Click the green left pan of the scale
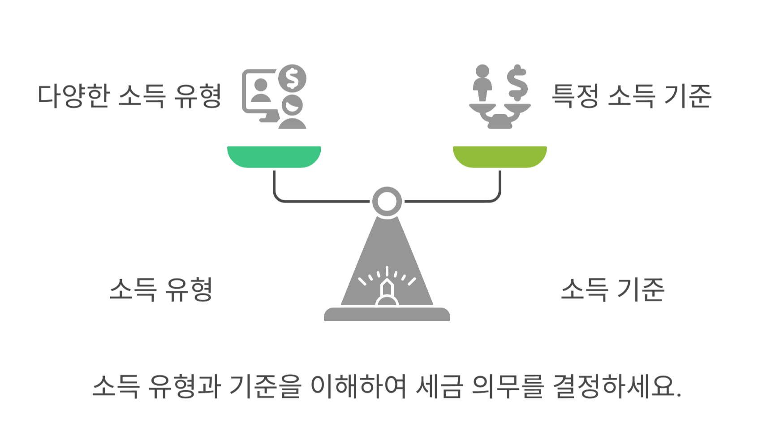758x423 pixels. click(274, 156)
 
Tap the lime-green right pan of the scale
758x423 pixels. click(500, 156)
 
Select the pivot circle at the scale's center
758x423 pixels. click(387, 202)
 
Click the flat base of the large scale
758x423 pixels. click(387, 314)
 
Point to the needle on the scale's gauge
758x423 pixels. click(387, 289)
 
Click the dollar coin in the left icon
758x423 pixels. click(292, 78)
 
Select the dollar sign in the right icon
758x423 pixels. click(517, 82)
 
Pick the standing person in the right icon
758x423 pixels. click(482, 83)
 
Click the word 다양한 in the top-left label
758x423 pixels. click(73, 95)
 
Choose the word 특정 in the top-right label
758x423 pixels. click(575, 95)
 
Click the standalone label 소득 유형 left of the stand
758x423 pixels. click(160, 289)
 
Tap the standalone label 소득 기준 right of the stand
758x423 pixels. click(612, 289)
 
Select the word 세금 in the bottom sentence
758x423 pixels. click(439, 386)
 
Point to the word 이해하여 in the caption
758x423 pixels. click(358, 386)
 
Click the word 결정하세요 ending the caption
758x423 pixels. click(616, 386)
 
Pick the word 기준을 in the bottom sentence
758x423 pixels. click(265, 386)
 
